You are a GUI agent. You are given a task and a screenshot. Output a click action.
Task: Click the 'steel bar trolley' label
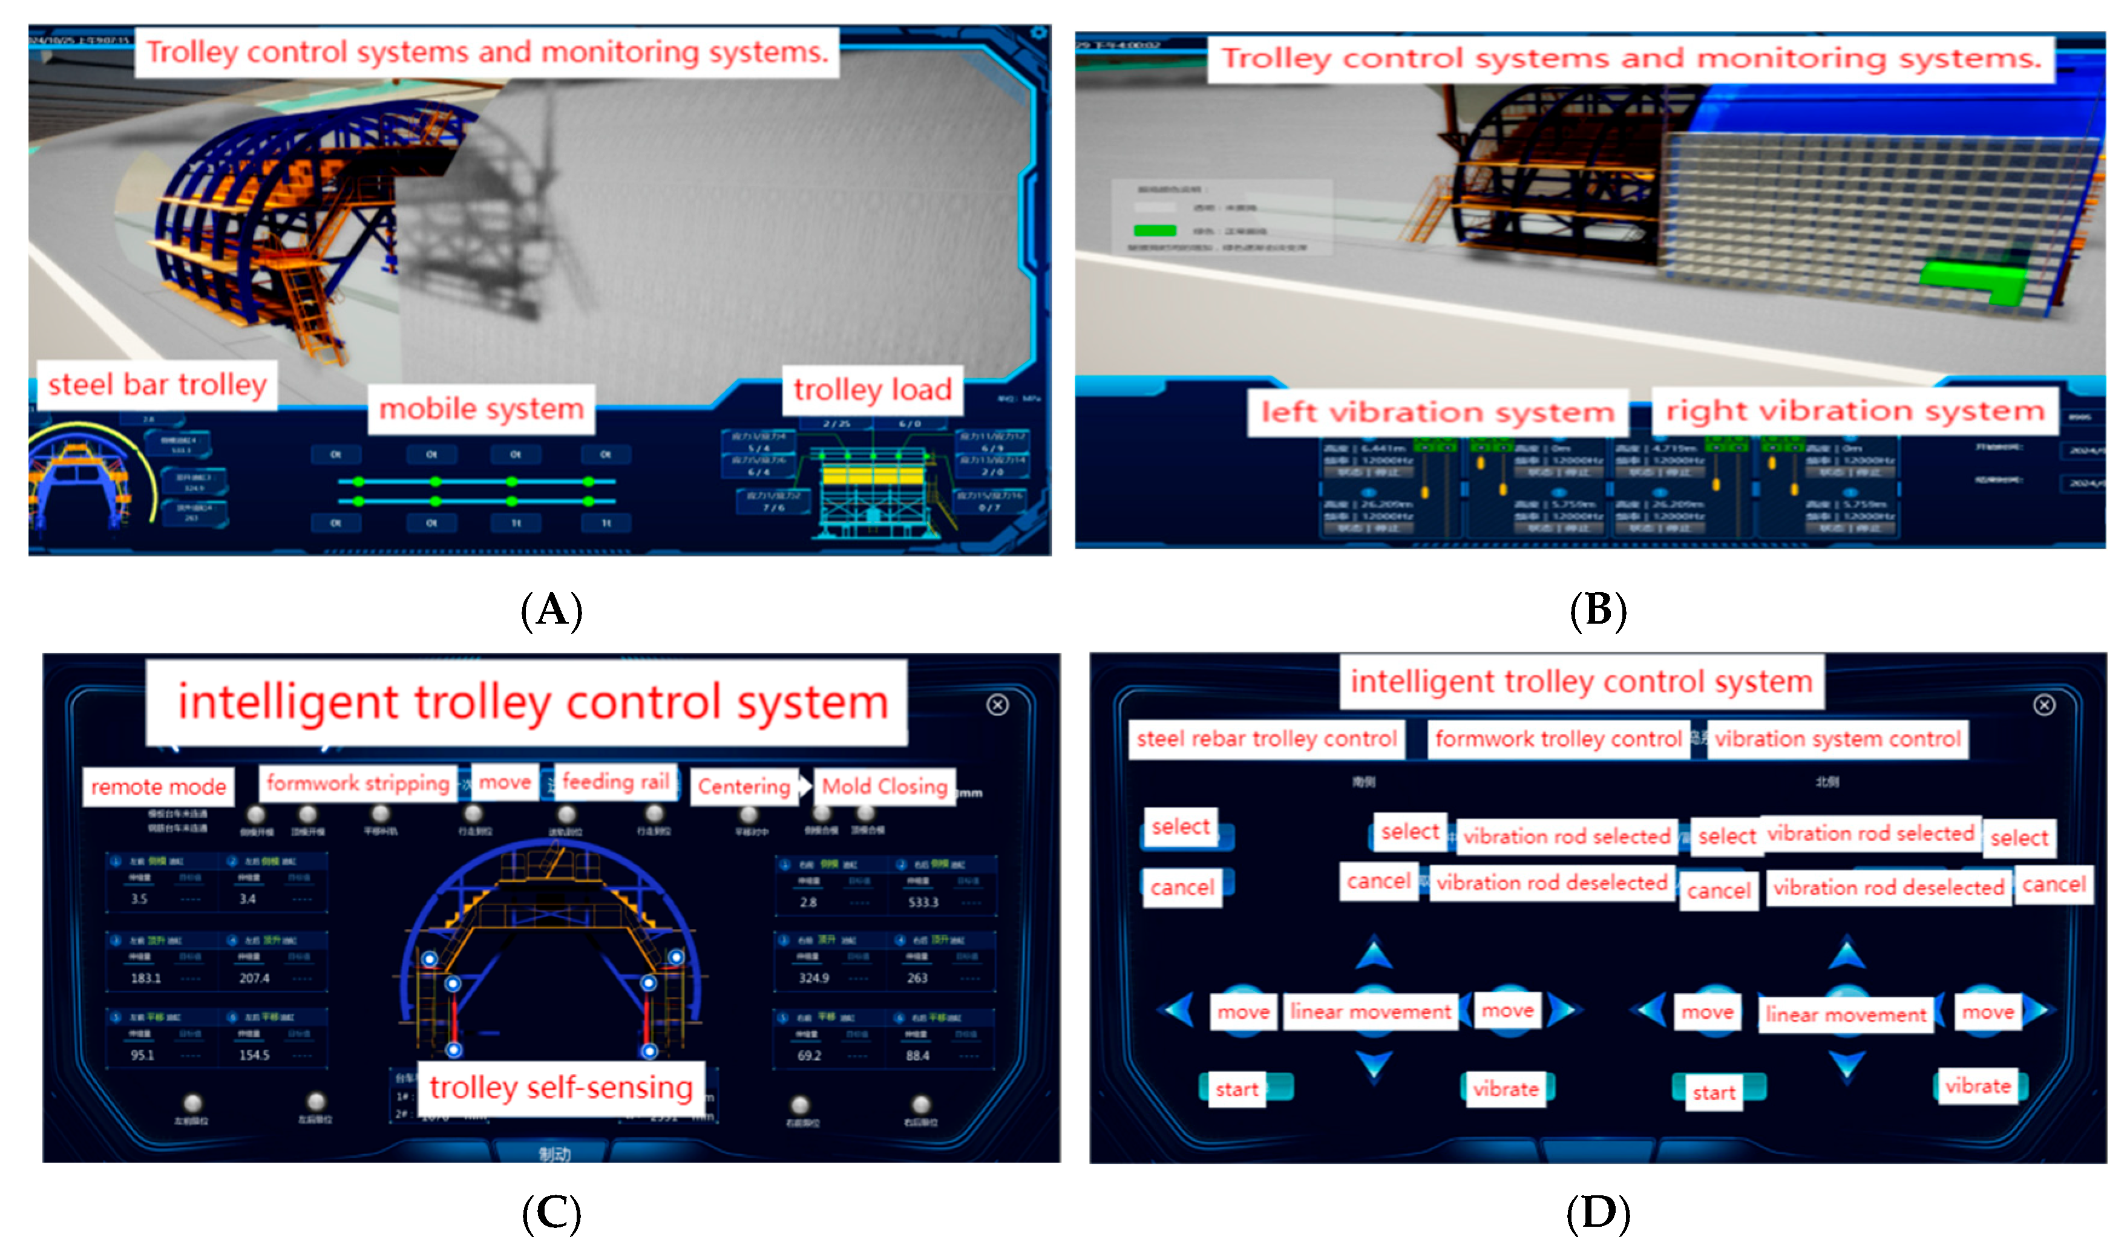coord(157,385)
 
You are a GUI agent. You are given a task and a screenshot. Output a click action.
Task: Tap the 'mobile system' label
coord(481,409)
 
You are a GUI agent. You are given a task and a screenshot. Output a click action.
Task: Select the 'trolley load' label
coord(873,390)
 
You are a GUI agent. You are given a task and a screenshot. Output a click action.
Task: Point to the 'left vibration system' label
coord(1438,413)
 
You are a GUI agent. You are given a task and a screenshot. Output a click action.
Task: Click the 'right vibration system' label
coord(1854,411)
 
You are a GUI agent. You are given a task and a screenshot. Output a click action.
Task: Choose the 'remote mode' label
coord(159,787)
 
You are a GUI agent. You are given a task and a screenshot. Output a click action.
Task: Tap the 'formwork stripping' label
coord(358,783)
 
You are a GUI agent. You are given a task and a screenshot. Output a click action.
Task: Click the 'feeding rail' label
coord(616,782)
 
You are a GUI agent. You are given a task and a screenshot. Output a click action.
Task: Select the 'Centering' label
coord(744,787)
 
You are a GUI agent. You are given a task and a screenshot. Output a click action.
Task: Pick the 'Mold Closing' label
coord(884,787)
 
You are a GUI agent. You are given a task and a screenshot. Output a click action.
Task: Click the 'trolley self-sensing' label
coord(561,1088)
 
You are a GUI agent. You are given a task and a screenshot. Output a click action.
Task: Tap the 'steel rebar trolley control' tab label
coord(1267,739)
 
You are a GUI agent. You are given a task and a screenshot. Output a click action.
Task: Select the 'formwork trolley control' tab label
coord(1558,739)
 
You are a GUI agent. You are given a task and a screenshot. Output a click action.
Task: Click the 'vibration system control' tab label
coord(1837,739)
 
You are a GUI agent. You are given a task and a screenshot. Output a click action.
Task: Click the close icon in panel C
coord(997,705)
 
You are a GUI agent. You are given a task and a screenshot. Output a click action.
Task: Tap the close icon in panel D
coord(2044,705)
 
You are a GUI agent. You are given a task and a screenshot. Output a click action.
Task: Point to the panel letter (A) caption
coord(551,610)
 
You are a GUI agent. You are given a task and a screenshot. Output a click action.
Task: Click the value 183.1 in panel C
coord(146,978)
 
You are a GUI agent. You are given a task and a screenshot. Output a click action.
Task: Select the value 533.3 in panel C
coord(923,903)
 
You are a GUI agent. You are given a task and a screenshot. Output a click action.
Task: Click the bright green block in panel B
coord(1974,279)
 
